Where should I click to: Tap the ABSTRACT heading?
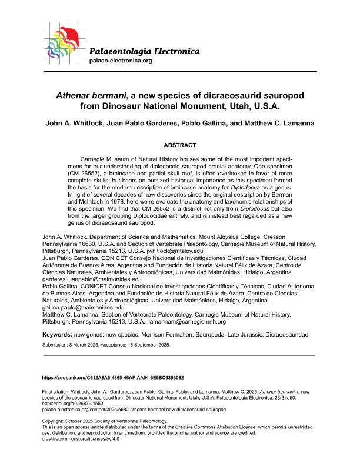pyautogui.click(x=179, y=145)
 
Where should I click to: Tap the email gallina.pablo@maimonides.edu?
pyautogui.click(x=83, y=307)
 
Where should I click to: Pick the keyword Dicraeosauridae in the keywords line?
pyautogui.click(x=286, y=334)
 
